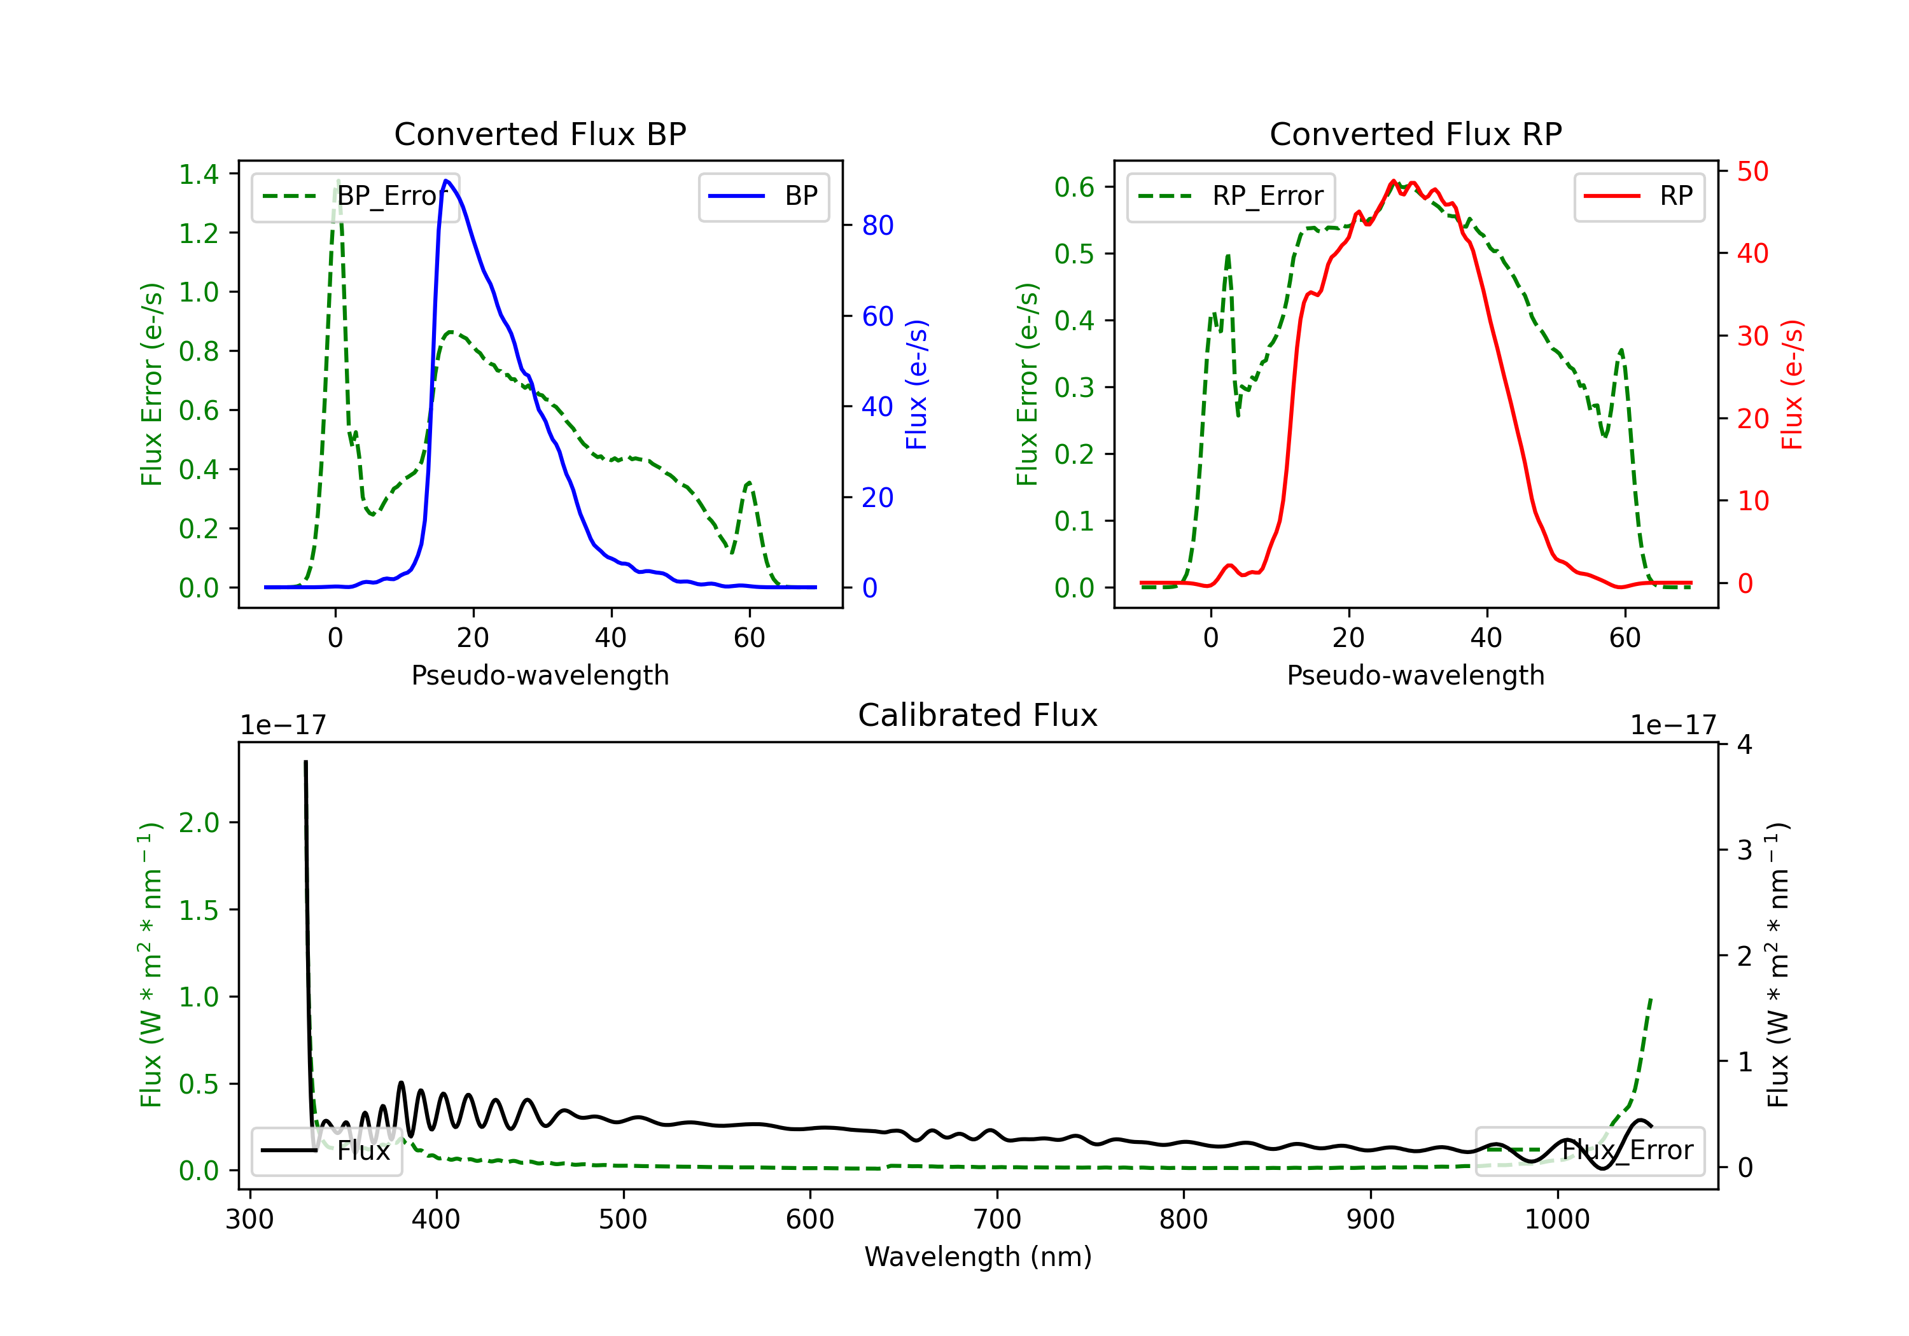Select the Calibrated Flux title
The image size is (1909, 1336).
coord(978,715)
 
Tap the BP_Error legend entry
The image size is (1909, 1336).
coord(356,196)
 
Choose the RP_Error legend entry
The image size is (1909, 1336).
coord(1231,196)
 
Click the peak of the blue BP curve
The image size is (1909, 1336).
coord(447,181)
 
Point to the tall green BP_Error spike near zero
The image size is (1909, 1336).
coord(337,181)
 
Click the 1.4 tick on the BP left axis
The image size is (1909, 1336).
coord(199,174)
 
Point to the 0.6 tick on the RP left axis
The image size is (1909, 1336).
coord(1074,187)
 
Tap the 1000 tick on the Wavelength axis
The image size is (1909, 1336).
coord(1557,1220)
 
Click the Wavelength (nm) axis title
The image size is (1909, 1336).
coord(978,1256)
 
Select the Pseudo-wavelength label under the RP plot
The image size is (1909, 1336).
coord(1416,675)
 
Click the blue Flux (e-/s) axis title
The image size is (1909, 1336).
coord(916,385)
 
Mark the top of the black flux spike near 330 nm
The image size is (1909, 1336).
coord(305,761)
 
